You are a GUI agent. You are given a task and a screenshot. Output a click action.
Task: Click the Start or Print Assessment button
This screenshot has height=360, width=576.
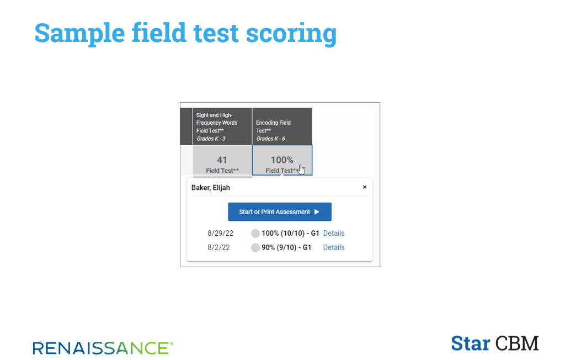(280, 212)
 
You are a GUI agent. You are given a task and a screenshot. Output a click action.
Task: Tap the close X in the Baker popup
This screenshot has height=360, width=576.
(365, 187)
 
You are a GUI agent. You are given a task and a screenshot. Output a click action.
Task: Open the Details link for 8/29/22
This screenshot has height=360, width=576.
(334, 233)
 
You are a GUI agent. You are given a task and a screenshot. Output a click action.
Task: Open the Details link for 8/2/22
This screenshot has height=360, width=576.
(334, 247)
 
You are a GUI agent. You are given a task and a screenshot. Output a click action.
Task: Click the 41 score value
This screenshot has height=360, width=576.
(222, 160)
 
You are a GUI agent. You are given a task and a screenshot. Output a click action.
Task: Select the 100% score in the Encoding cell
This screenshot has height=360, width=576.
(282, 160)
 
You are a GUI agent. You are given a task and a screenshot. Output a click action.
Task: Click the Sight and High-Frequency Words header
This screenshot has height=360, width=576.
(222, 126)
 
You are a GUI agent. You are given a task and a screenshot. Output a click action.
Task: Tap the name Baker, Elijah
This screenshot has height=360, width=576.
(211, 188)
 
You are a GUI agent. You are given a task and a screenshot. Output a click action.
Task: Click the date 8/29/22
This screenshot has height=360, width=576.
(220, 233)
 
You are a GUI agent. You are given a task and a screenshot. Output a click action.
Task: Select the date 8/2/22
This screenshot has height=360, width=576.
(218, 247)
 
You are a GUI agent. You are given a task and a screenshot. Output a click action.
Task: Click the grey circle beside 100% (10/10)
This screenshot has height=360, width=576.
(255, 233)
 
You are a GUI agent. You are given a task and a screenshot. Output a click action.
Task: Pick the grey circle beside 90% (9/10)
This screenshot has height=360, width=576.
(255, 247)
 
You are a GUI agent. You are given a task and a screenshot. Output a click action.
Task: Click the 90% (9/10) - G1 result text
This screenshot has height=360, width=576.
(286, 247)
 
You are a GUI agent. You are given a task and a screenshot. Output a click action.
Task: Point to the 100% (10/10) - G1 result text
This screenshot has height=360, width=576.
(290, 233)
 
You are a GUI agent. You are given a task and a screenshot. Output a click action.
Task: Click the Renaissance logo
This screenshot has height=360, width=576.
(103, 348)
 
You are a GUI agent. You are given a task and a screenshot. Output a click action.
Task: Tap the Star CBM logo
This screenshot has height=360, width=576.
(495, 343)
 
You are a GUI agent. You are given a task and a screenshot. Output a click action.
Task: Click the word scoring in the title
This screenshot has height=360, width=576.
(291, 34)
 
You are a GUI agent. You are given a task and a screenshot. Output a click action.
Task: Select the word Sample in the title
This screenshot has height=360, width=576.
(79, 34)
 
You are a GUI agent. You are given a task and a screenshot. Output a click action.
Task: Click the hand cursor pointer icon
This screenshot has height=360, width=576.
(302, 170)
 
